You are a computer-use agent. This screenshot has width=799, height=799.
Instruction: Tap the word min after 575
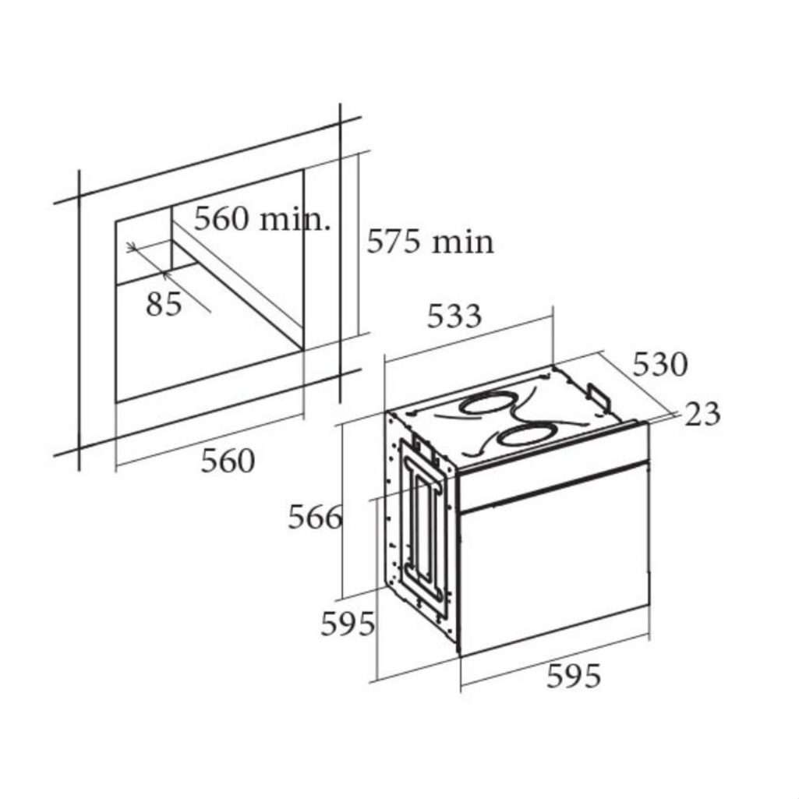(x=463, y=242)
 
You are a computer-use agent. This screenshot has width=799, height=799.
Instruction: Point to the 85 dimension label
(x=164, y=304)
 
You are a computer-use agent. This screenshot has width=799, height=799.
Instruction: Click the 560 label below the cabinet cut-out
(x=228, y=461)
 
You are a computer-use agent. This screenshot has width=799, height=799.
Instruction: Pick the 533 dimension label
(x=454, y=316)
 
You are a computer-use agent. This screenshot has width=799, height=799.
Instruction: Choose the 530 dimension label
(x=660, y=364)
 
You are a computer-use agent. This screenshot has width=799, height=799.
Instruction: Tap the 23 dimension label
(x=702, y=414)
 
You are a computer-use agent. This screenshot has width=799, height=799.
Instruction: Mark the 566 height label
(x=315, y=518)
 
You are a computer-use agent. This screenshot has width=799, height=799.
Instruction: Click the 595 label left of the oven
(x=348, y=623)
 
